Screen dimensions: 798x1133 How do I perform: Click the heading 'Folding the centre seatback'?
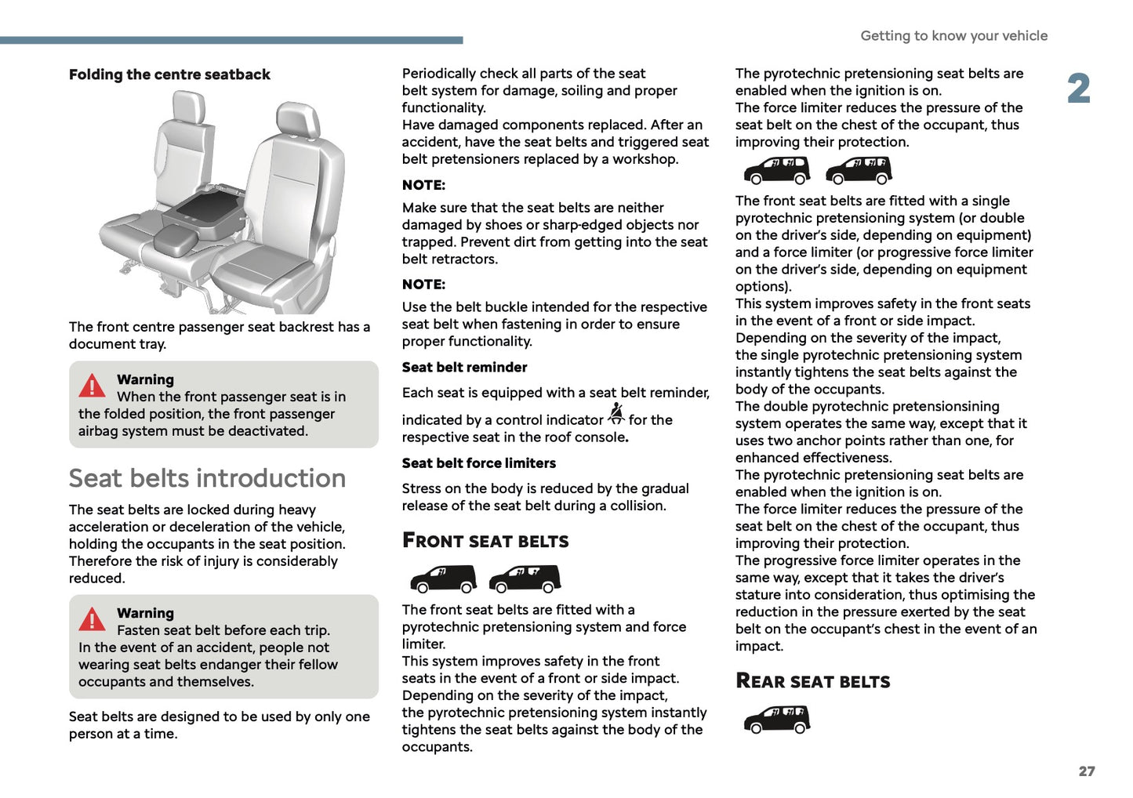click(x=169, y=74)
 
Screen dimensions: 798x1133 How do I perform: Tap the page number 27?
click(x=1086, y=771)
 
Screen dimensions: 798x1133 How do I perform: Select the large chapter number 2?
click(x=1079, y=89)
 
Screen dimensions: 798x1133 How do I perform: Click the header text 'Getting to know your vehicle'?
click(x=953, y=36)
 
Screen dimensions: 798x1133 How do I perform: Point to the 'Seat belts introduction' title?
click(x=207, y=478)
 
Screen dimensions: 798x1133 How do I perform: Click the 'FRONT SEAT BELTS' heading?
click(x=485, y=541)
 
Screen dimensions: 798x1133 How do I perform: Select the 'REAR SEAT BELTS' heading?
click(x=812, y=681)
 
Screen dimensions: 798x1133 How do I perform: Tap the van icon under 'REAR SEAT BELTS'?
click(x=776, y=719)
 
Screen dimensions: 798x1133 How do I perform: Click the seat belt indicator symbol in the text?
click(x=616, y=414)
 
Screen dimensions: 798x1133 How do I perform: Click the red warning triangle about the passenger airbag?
click(x=92, y=386)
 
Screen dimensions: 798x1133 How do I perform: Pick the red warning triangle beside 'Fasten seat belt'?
click(x=92, y=619)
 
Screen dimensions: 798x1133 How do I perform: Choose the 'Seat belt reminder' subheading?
click(x=464, y=368)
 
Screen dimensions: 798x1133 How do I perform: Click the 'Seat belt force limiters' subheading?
click(x=478, y=463)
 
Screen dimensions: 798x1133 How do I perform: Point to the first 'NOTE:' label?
click(x=423, y=186)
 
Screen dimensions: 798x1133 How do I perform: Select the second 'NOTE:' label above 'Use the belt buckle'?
click(x=423, y=285)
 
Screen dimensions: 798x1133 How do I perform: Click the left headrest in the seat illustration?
click(x=187, y=107)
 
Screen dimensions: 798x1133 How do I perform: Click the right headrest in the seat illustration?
click(x=298, y=122)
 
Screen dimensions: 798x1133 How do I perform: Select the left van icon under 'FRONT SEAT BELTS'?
click(x=443, y=579)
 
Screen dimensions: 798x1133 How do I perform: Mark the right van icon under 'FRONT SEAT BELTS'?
click(x=525, y=579)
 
